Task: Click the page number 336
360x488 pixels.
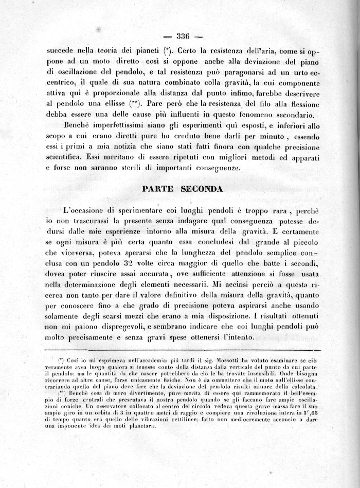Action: [x=184, y=36]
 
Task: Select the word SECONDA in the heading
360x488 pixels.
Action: [x=203, y=189]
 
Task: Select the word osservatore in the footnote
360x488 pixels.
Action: [x=89, y=406]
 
